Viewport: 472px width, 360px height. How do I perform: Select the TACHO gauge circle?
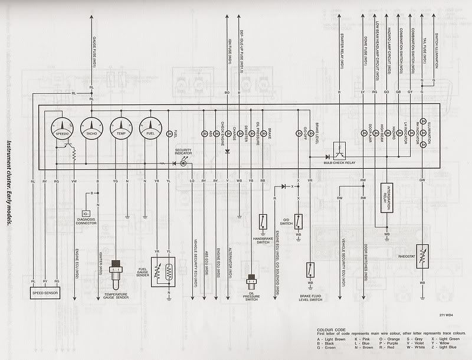click(91, 129)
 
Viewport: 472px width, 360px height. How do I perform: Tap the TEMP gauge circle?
click(120, 129)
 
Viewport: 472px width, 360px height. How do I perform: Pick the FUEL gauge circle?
click(150, 129)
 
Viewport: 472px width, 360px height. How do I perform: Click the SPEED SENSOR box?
click(45, 291)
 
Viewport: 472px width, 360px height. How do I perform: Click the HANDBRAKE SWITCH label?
click(263, 240)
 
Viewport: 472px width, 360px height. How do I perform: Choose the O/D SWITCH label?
click(287, 221)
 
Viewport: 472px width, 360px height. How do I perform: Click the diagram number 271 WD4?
click(448, 314)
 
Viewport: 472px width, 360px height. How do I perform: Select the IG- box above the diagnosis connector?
click(86, 212)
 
